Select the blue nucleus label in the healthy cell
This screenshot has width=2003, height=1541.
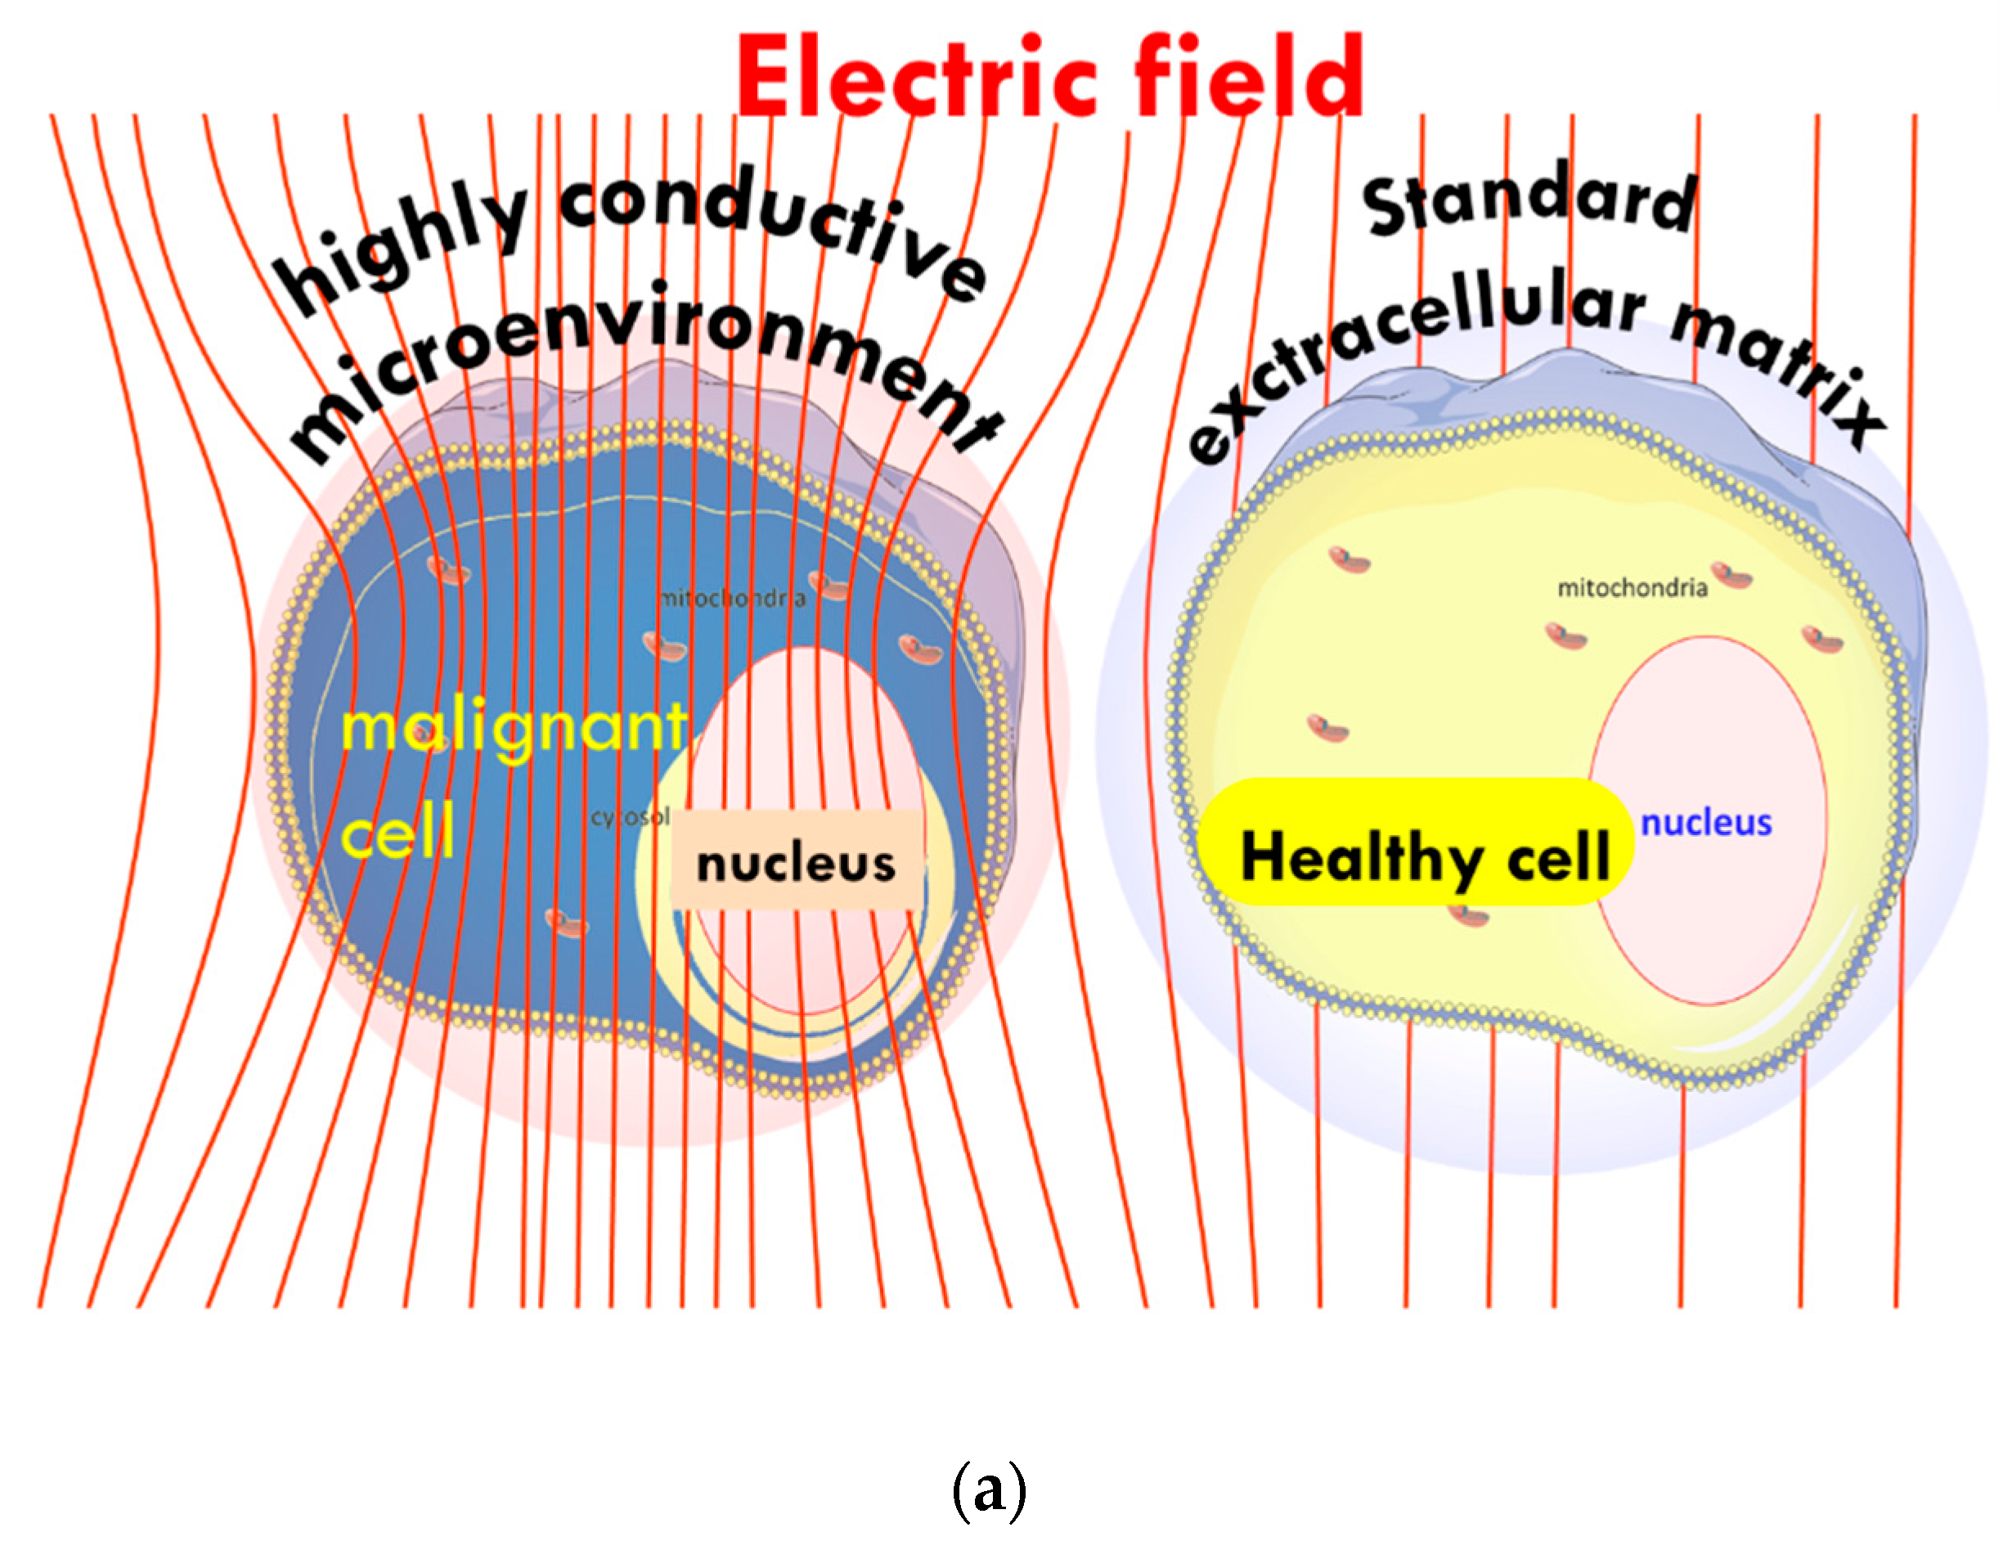(1706, 823)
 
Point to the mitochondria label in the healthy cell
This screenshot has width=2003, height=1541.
(1632, 587)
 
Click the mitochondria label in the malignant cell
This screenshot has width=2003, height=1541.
(734, 599)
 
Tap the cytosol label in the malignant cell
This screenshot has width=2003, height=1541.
(631, 816)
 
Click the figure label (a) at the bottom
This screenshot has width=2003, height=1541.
(989, 1489)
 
